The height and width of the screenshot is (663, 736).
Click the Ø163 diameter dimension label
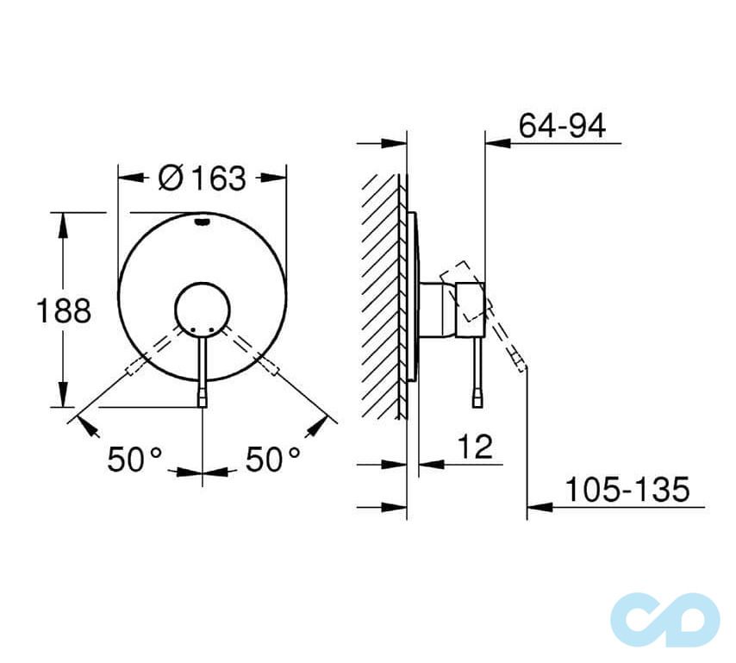[203, 178]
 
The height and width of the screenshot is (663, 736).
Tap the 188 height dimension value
[63, 310]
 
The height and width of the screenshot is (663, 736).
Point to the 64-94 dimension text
[562, 126]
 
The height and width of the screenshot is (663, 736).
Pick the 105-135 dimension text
[627, 490]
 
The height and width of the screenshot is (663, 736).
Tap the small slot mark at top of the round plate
[203, 222]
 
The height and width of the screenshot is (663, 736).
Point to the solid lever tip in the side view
[476, 398]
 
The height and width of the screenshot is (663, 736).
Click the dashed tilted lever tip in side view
[516, 360]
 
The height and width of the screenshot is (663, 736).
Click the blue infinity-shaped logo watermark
[664, 618]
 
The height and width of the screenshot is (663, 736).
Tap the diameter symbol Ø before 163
[172, 178]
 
